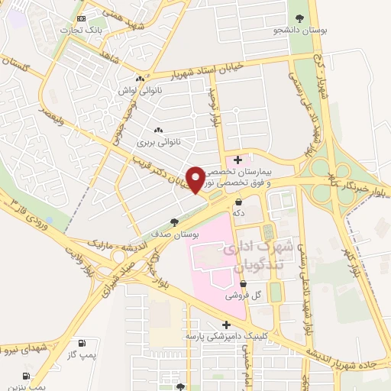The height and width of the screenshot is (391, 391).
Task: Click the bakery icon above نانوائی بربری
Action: [x=158, y=129]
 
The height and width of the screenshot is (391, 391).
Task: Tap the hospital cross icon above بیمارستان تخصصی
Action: [x=238, y=160]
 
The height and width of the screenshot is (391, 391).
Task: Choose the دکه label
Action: [x=238, y=214]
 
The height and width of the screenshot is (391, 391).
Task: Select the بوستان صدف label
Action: [x=175, y=235]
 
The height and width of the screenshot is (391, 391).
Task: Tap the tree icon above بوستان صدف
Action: [x=175, y=222]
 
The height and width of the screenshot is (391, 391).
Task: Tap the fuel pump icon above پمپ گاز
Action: [x=82, y=343]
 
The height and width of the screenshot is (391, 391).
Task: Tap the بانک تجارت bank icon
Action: [x=82, y=18]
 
